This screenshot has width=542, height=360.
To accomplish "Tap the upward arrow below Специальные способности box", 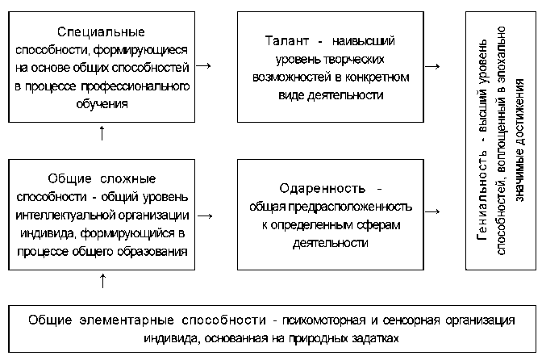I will tap(103, 133).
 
